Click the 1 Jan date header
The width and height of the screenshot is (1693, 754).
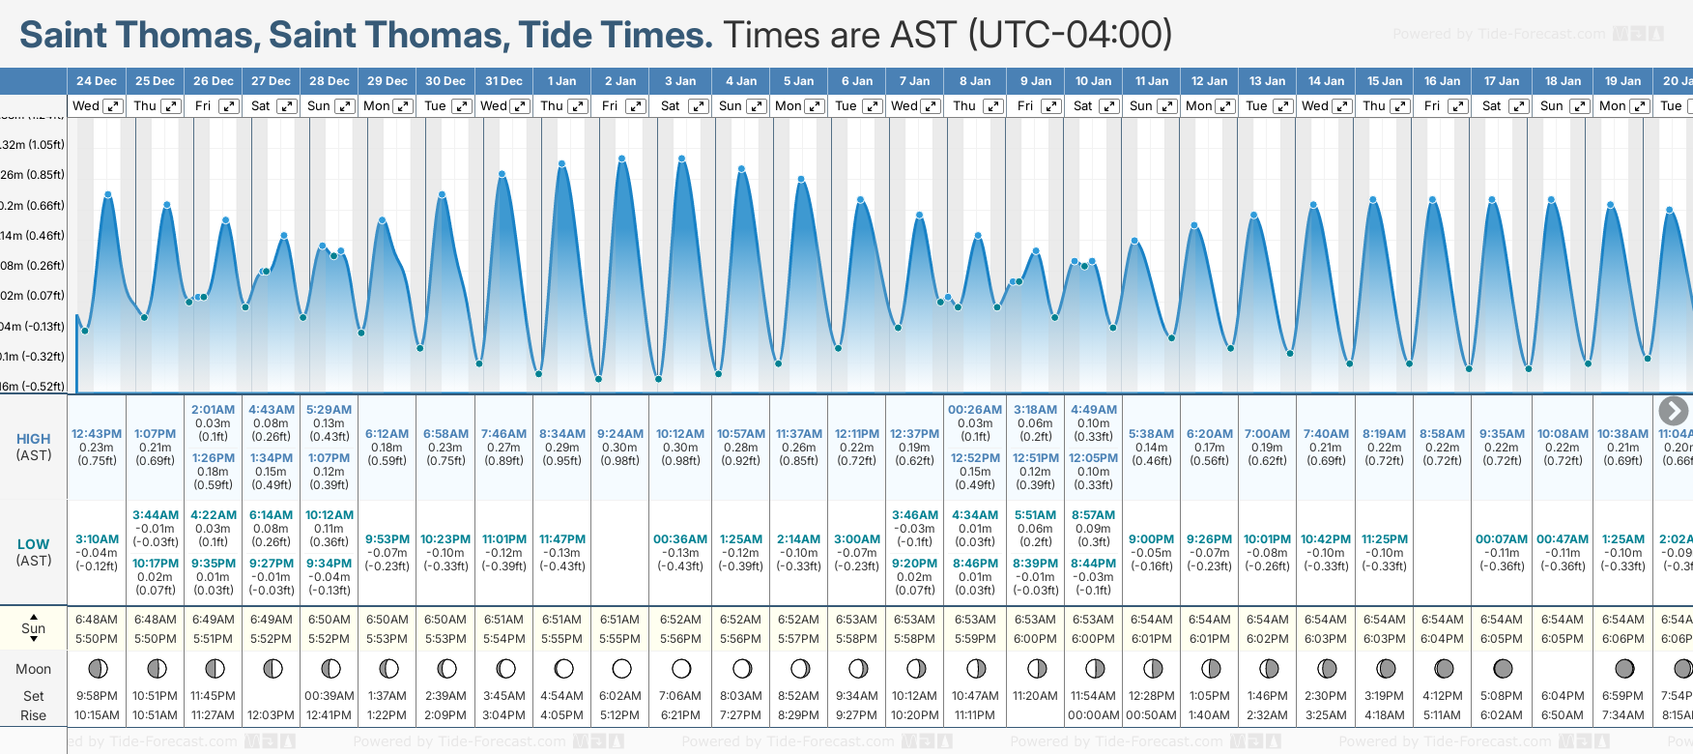561,81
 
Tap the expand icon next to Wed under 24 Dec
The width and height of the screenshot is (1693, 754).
113,106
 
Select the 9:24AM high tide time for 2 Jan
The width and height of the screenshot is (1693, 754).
620,434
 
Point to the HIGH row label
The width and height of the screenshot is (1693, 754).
34,439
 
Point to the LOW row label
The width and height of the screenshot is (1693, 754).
34,544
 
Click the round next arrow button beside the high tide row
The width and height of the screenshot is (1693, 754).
1673,411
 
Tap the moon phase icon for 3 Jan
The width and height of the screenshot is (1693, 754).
681,669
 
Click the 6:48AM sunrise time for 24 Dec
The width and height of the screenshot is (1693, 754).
97,620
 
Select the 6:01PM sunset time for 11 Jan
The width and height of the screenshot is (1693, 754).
1152,639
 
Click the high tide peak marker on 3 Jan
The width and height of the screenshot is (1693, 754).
681,158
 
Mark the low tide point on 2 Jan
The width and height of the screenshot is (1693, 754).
599,379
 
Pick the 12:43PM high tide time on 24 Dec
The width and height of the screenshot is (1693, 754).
97,434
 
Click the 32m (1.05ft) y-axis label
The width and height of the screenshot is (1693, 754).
33,145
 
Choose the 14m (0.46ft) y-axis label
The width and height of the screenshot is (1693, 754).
33,236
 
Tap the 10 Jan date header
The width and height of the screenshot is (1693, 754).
1093,81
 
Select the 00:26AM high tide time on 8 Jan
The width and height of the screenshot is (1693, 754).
975,410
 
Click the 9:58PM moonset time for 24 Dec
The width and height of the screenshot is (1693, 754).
97,696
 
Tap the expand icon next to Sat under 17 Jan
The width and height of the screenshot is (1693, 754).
1518,106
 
